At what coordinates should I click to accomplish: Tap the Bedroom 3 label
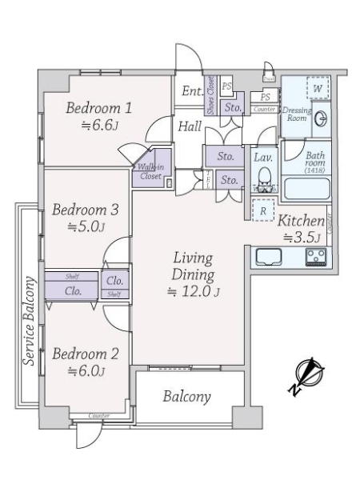pyautogui.click(x=86, y=211)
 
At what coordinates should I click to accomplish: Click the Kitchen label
pyautogui.click(x=301, y=221)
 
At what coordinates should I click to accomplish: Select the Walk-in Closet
pyautogui.click(x=151, y=168)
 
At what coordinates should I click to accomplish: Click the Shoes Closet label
pyautogui.click(x=210, y=95)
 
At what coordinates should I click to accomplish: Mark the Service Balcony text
pyautogui.click(x=30, y=320)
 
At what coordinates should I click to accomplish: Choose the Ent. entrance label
pyautogui.click(x=192, y=91)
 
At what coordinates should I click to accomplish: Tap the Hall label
pyautogui.click(x=190, y=126)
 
